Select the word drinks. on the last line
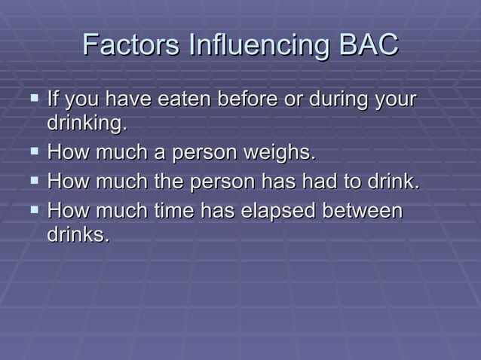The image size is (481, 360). tap(78, 234)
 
